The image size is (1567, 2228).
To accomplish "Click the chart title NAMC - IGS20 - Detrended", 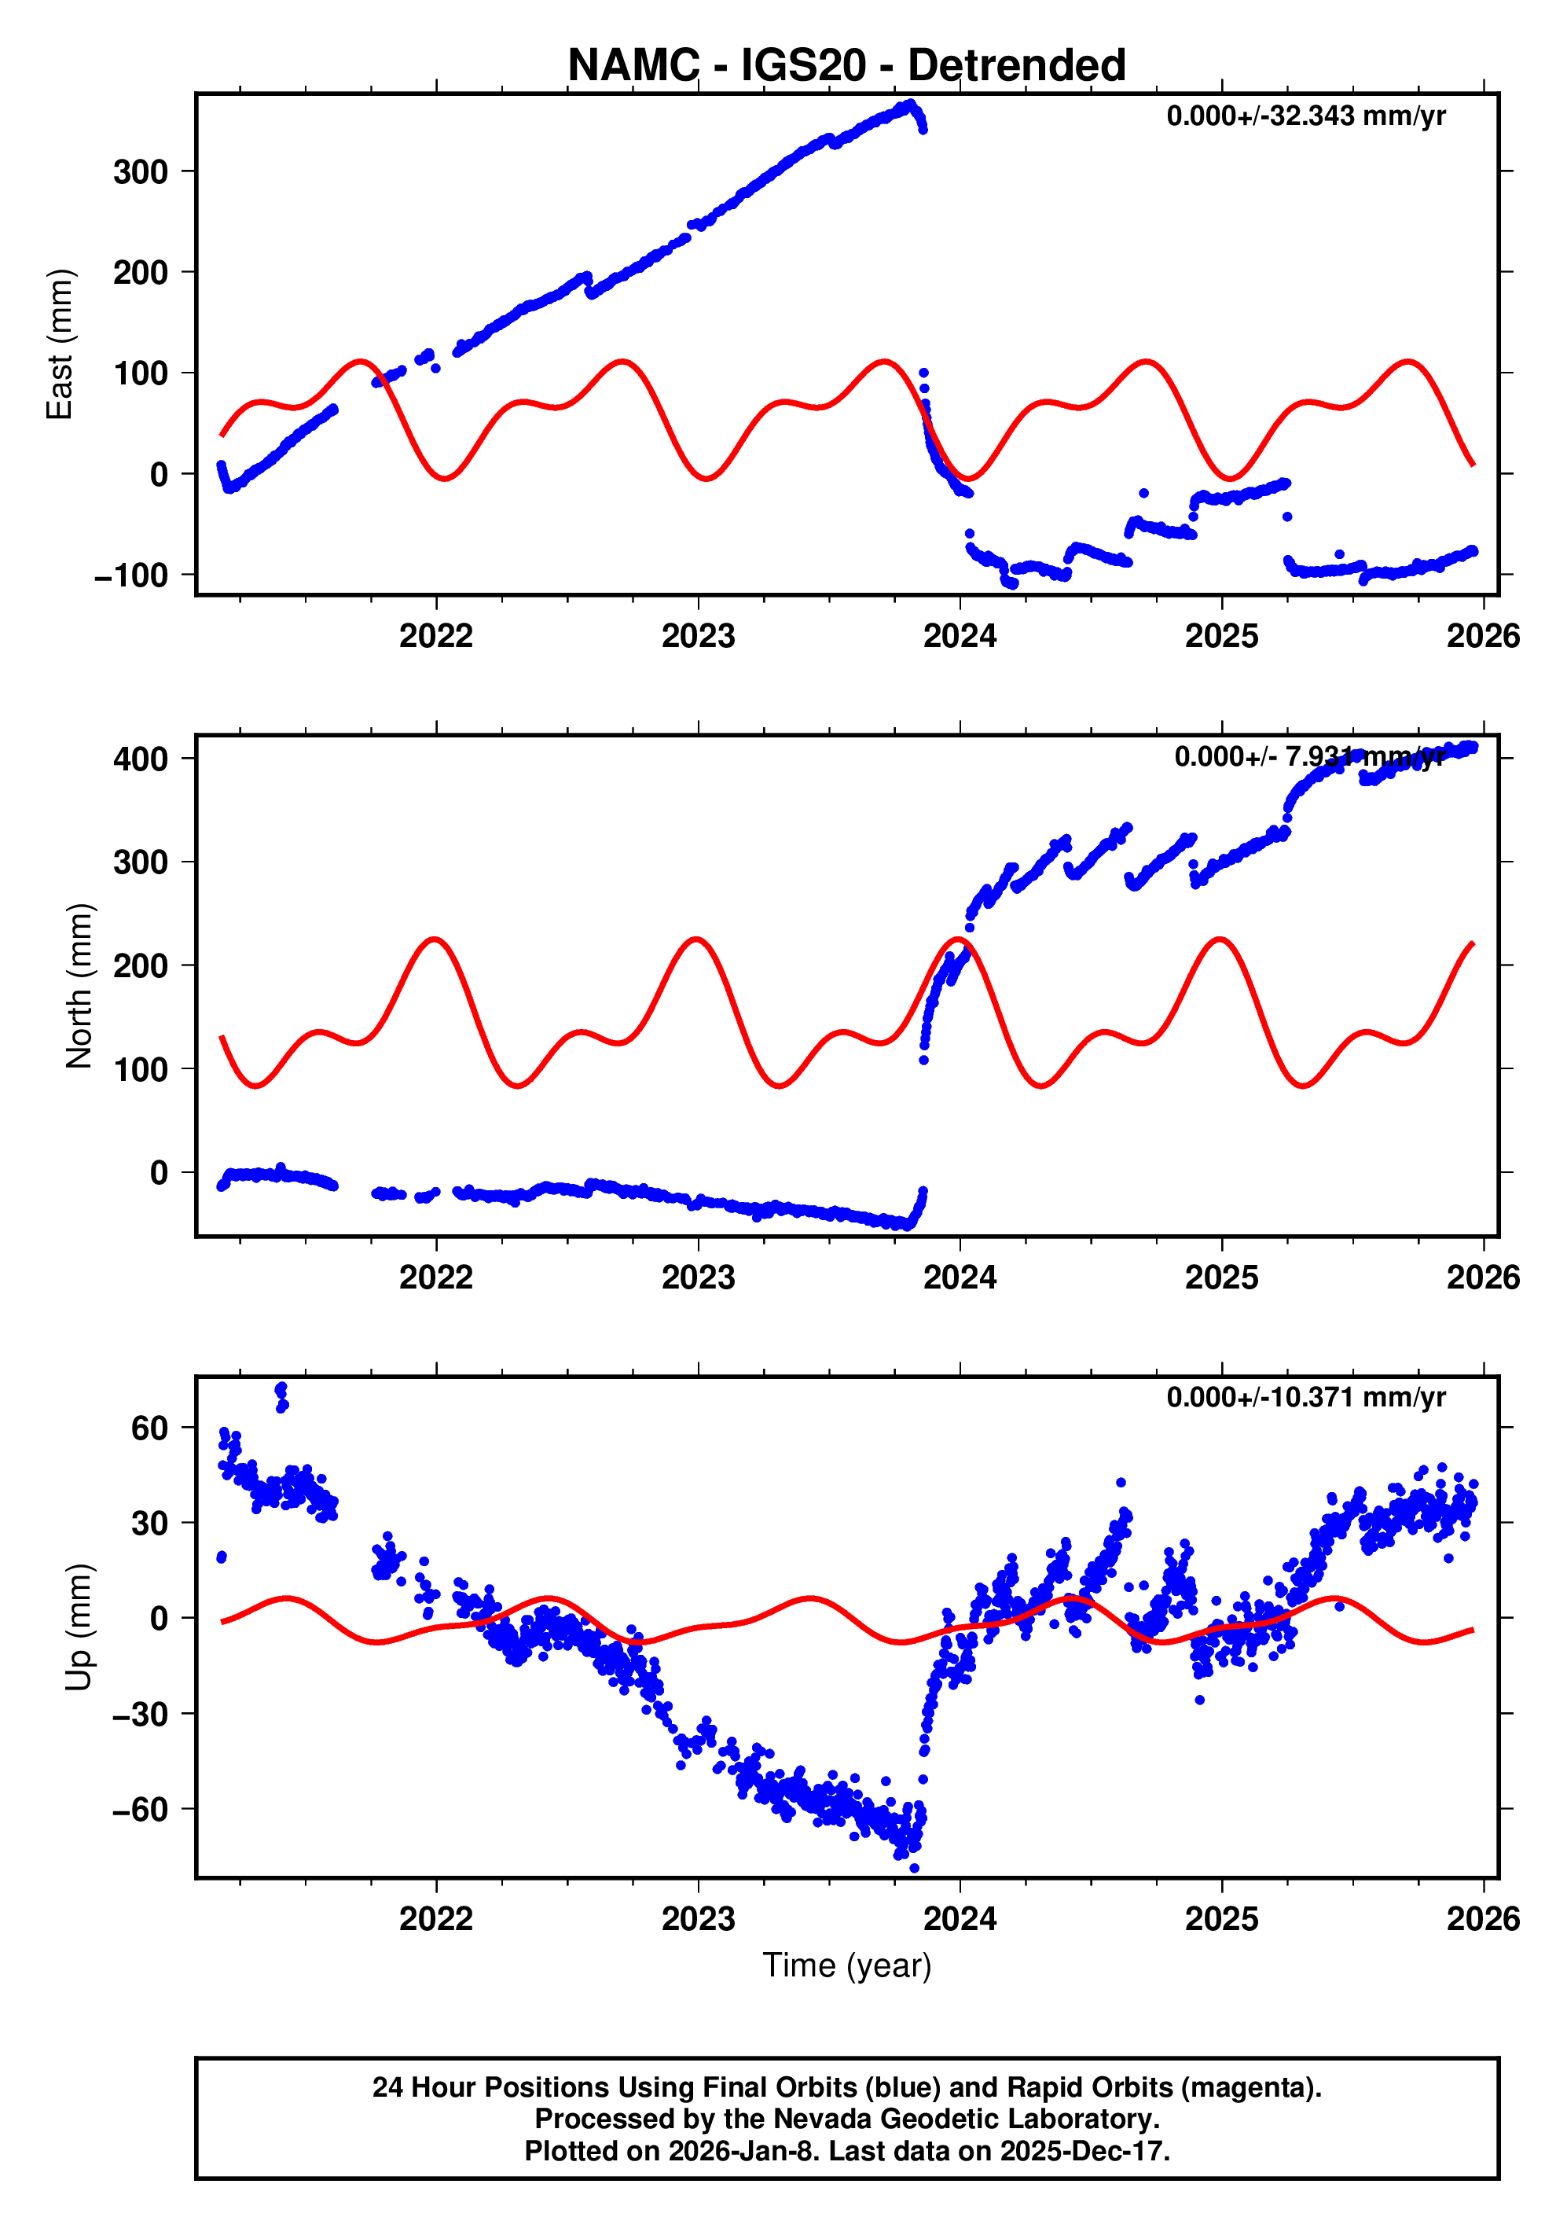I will tap(846, 66).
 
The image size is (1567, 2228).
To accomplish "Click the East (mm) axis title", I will tap(61, 344).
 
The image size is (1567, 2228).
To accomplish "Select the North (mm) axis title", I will tap(79, 986).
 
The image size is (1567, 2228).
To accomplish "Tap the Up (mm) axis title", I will tap(79, 1627).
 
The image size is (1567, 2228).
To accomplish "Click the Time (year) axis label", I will tap(846, 1965).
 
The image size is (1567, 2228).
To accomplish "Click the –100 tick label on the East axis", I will tap(131, 575).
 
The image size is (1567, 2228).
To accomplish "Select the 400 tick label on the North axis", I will tap(141, 759).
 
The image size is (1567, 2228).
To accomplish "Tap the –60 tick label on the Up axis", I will tap(140, 1810).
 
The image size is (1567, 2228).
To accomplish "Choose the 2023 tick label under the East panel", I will tap(698, 637).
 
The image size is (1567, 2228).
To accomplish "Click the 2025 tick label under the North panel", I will tap(1221, 1278).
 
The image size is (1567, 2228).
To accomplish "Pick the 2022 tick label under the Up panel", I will tap(435, 1919).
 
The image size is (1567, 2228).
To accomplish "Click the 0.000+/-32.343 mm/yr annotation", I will tap(1305, 116).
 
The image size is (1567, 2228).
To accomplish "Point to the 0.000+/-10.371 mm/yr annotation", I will tap(1305, 1399).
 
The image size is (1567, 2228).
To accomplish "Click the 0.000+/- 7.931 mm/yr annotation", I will tap(1309, 757).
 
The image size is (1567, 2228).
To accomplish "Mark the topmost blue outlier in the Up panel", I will tap(281, 1388).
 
